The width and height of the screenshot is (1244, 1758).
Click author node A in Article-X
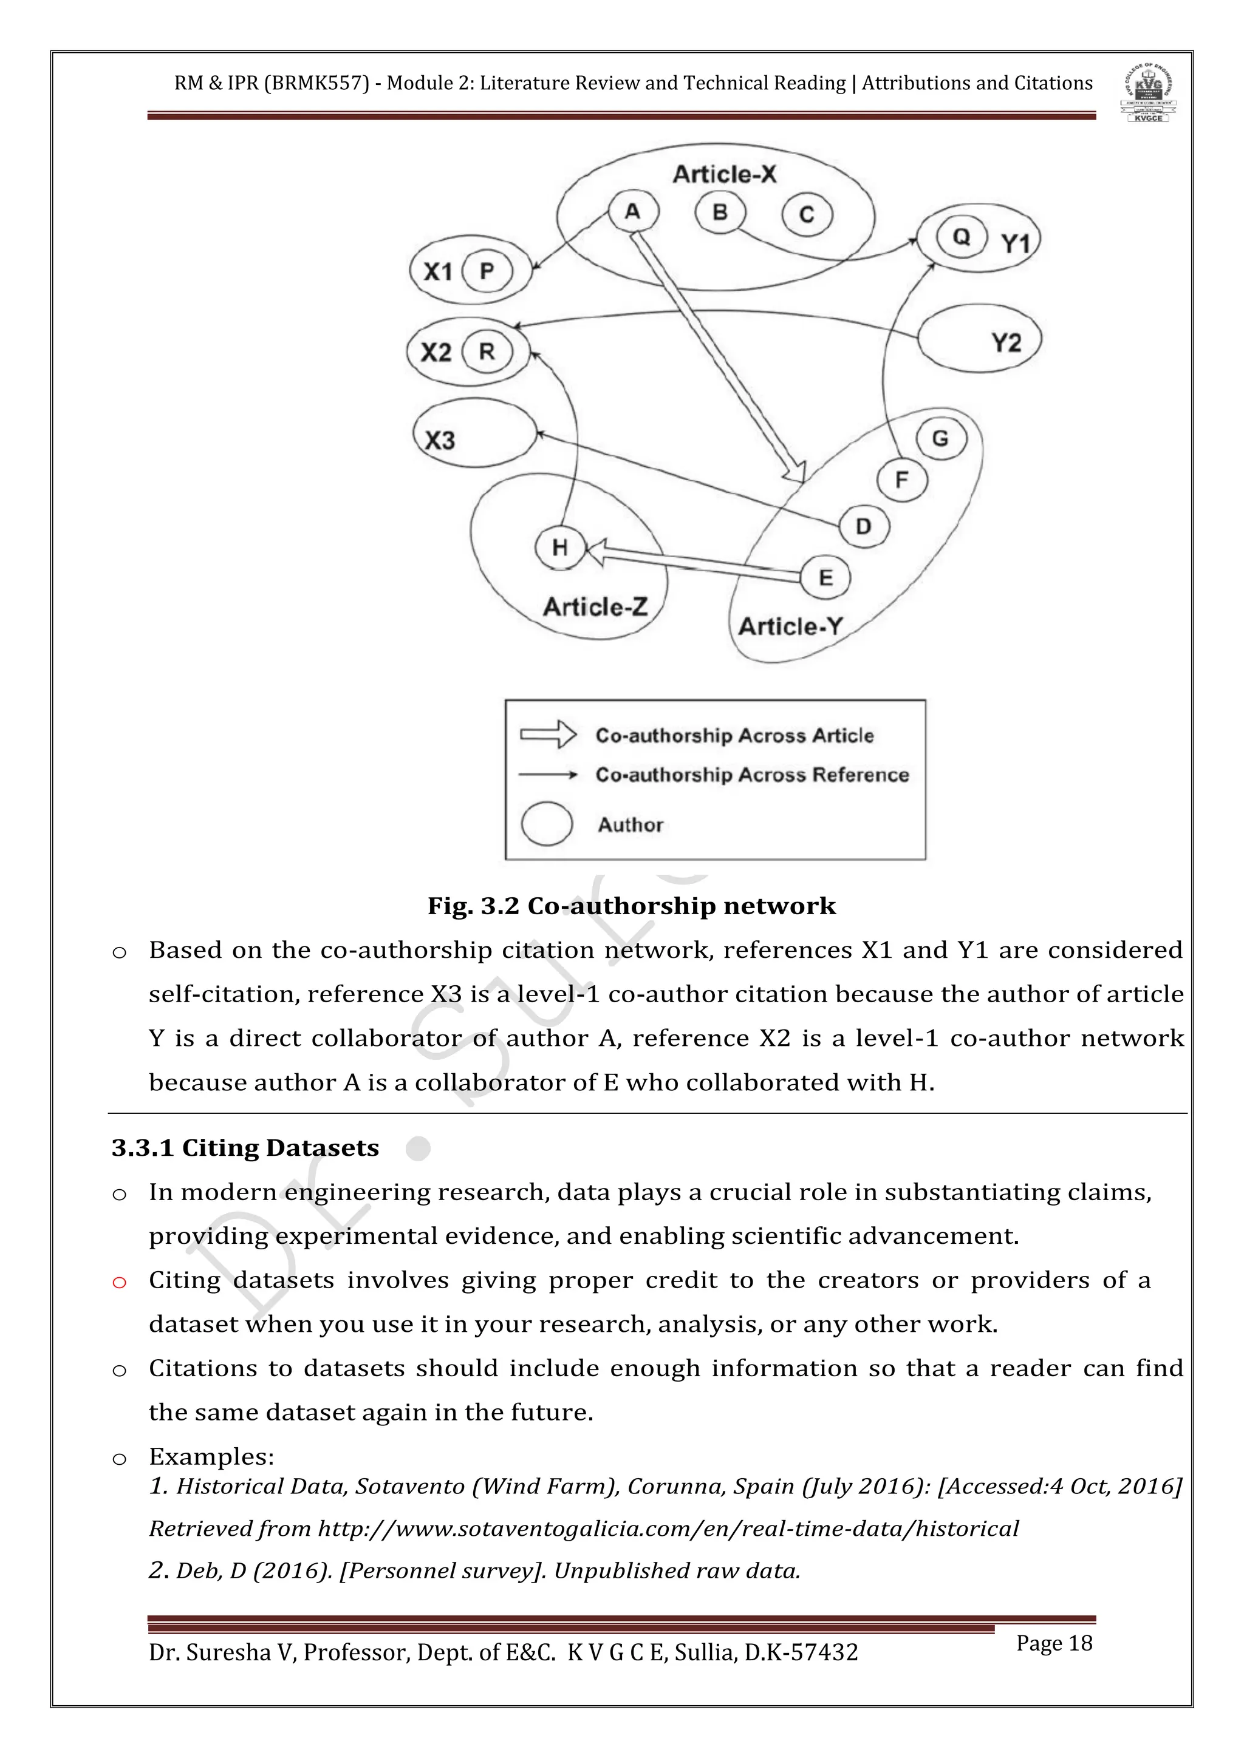click(633, 211)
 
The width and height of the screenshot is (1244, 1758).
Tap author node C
click(807, 215)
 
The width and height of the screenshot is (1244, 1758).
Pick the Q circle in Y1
click(962, 237)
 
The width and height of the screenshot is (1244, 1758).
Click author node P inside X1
click(487, 271)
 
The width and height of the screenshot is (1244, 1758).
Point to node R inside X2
click(487, 351)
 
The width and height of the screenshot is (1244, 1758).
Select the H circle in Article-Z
click(560, 548)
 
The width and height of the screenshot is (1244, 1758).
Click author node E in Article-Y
click(825, 577)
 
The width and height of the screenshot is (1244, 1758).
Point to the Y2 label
click(1006, 342)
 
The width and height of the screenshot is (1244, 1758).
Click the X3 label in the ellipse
click(440, 440)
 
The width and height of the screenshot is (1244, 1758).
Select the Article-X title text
click(724, 175)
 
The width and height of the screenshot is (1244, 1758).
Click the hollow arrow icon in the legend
click(549, 735)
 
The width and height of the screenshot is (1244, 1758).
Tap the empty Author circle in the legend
click(546, 824)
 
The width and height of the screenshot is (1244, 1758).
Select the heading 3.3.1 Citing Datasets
click(245, 1148)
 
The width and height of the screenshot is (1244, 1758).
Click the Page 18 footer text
click(1053, 1643)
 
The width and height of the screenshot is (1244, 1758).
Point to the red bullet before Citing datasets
click(120, 1283)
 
